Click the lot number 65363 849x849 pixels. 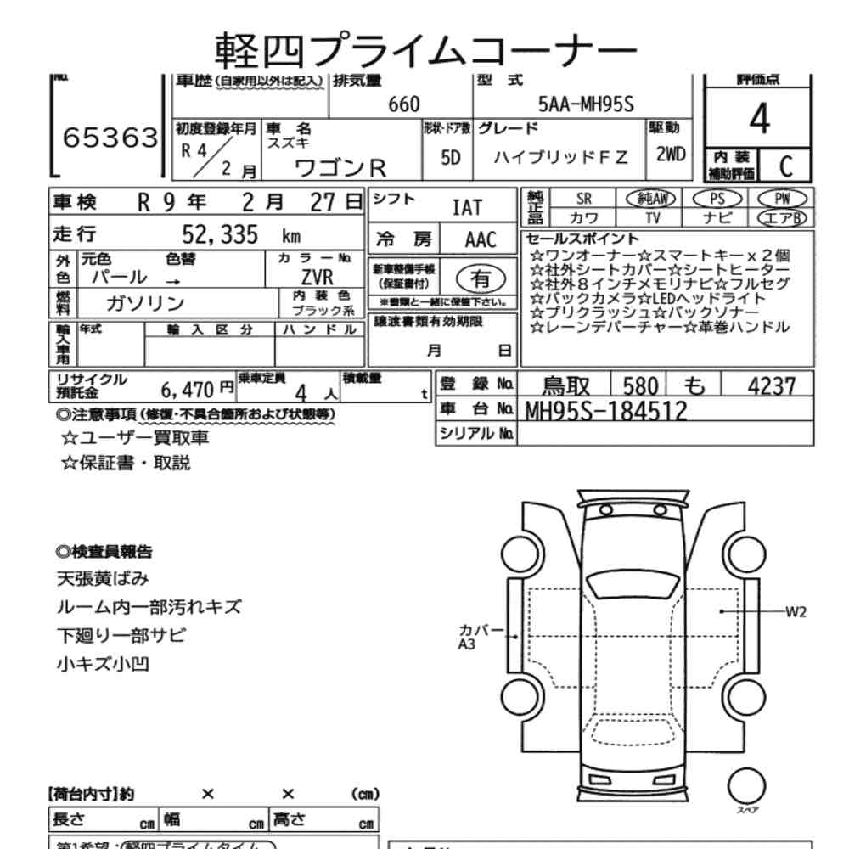[110, 138]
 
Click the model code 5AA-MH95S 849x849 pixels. [587, 104]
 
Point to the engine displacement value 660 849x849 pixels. [403, 104]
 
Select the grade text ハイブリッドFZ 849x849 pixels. [562, 157]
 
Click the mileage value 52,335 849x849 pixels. [220, 235]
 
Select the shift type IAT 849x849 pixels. [467, 207]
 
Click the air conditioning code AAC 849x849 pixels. [481, 239]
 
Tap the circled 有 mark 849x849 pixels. [481, 278]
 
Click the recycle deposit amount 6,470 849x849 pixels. [189, 389]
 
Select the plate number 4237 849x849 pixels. [771, 386]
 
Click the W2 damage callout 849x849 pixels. [796, 611]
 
